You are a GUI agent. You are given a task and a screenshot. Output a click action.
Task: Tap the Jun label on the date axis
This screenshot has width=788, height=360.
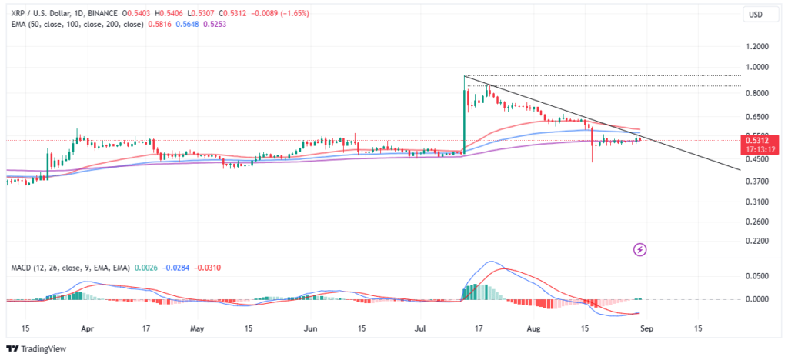pyautogui.click(x=311, y=328)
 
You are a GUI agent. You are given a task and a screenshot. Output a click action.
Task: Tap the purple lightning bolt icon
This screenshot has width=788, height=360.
pyautogui.click(x=640, y=249)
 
